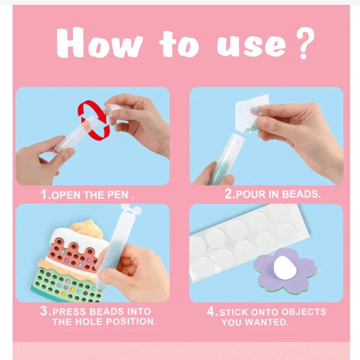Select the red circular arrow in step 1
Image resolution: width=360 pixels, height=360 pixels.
click(x=95, y=119)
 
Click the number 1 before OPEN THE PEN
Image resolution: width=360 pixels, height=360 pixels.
click(x=44, y=195)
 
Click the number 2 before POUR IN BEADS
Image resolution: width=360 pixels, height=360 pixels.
click(x=228, y=195)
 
